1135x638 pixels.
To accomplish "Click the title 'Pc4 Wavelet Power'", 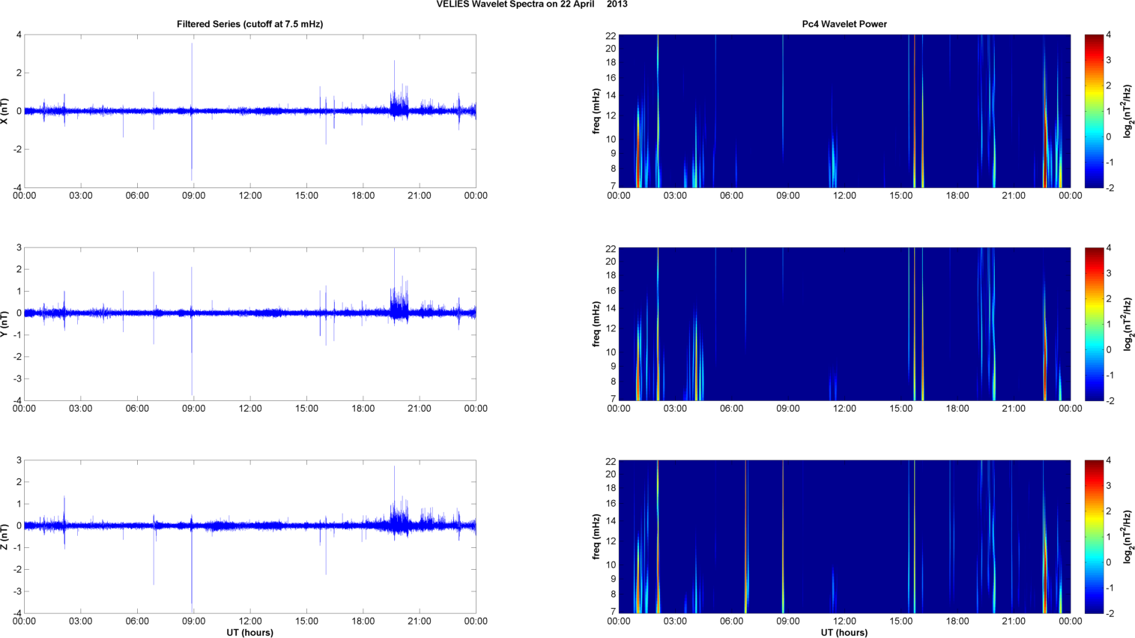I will pyautogui.click(x=844, y=24).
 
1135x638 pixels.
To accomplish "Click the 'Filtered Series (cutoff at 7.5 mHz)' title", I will pyautogui.click(x=249, y=24).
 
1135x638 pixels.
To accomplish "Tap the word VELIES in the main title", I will pyautogui.click(x=452, y=4).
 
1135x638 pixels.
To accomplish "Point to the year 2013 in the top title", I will pyautogui.click(x=617, y=4).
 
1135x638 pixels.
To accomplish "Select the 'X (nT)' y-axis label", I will pyautogui.click(x=5, y=111).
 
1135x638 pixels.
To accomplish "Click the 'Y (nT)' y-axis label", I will pyautogui.click(x=5, y=324).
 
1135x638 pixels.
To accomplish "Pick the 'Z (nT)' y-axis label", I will pyautogui.click(x=5, y=537).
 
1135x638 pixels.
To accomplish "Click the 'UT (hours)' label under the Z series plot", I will pyautogui.click(x=249, y=632).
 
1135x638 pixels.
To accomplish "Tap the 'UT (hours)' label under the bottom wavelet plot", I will pyautogui.click(x=844, y=632).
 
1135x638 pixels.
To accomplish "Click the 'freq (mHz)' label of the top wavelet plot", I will pyautogui.click(x=596, y=111).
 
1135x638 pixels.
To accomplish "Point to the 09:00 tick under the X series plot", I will pyautogui.click(x=193, y=196).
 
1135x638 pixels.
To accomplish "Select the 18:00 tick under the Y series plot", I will pyautogui.click(x=363, y=409).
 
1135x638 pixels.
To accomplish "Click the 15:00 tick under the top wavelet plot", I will pyautogui.click(x=901, y=196).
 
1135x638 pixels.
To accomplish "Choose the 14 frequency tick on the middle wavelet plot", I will pyautogui.click(x=611, y=308).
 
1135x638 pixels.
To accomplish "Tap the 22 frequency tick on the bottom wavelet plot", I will pyautogui.click(x=611, y=460).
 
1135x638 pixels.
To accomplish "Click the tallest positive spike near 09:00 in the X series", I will pyautogui.click(x=192, y=45).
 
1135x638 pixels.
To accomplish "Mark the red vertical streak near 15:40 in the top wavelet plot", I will pyautogui.click(x=914, y=112).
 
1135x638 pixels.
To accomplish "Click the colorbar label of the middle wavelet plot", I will pyautogui.click(x=1128, y=324).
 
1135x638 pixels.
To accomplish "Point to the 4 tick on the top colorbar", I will pyautogui.click(x=1108, y=34).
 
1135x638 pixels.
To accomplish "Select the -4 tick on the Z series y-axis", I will pyautogui.click(x=17, y=613).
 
